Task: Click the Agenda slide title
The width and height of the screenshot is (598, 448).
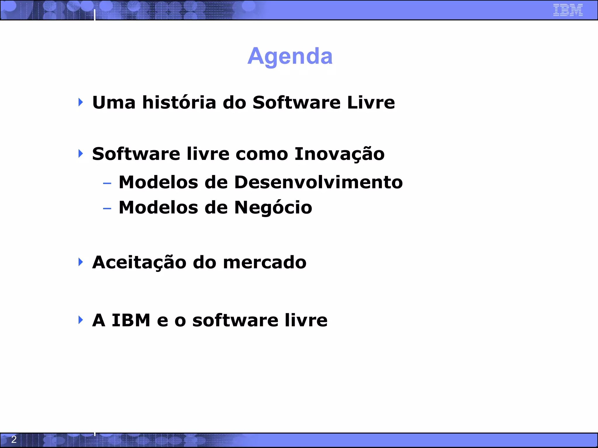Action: [290, 56]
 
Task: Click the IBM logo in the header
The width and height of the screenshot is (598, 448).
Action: [568, 10]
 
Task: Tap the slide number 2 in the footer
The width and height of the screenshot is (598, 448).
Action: [14, 439]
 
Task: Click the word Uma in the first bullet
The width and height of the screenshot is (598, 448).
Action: [114, 103]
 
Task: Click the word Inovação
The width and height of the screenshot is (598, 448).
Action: [339, 154]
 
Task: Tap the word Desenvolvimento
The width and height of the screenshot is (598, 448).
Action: [318, 182]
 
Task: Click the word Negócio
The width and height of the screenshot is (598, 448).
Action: [273, 208]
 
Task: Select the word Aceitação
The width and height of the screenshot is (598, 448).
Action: [139, 262]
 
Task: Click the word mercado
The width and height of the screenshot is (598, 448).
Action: [265, 262]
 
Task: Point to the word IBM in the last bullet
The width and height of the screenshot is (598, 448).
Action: [131, 320]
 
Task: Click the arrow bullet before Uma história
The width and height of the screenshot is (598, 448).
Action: [81, 102]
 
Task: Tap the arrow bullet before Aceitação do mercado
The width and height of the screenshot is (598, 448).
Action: [81, 262]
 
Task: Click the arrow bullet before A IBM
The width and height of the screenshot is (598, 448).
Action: [81, 320]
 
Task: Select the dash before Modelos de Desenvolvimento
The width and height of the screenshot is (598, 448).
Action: [107, 183]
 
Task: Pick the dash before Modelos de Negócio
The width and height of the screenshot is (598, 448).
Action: [107, 209]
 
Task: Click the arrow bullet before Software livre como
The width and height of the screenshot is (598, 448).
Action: [81, 153]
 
